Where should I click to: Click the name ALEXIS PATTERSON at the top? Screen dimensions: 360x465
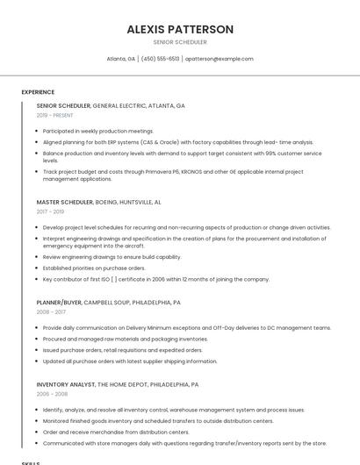[x=180, y=29]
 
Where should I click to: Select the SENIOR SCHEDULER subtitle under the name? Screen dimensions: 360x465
[x=180, y=42]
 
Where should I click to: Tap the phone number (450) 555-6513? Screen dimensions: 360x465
[x=160, y=59]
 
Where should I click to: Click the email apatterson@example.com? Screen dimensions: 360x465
[x=220, y=59]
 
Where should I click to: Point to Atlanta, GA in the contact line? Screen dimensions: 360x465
[x=121, y=59]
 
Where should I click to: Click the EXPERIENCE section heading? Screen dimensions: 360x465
[x=38, y=92]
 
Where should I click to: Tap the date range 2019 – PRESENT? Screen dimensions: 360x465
[x=55, y=115]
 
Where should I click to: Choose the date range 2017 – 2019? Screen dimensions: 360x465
[x=50, y=211]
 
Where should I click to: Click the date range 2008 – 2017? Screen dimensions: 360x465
[x=51, y=311]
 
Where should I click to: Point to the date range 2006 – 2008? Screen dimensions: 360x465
[x=51, y=394]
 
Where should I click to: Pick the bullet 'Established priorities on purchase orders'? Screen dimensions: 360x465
[x=94, y=268]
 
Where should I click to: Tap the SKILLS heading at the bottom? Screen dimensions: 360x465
[x=31, y=462]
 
